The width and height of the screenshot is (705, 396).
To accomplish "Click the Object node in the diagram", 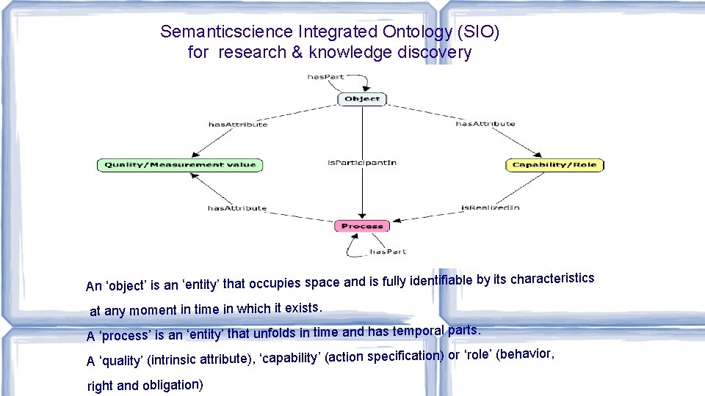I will (362, 98).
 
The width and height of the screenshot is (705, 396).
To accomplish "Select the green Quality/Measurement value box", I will (180, 165).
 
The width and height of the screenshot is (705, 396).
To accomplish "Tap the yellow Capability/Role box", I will (554, 165).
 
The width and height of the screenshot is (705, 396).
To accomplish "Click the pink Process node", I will (362, 226).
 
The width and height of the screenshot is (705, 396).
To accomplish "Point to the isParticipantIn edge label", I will (362, 162).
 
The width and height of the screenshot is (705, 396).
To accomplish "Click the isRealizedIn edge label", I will (490, 208).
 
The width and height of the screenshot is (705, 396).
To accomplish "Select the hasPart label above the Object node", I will (325, 77).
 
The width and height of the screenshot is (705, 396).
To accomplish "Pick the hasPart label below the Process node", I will (387, 252).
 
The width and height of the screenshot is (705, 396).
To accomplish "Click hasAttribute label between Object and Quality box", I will (238, 124).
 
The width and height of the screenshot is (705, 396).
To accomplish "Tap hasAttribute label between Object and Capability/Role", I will (485, 124).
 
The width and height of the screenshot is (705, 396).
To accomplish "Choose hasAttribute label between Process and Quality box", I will (237, 208).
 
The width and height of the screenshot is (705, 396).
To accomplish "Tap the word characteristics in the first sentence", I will (552, 279).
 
